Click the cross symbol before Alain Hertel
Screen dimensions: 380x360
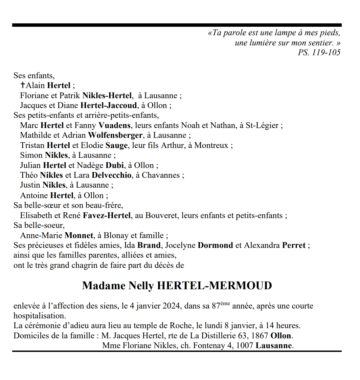coord(23,85)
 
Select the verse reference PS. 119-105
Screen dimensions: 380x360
coord(319,52)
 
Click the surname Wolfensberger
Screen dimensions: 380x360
coord(115,135)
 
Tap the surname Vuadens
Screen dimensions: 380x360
coord(114,125)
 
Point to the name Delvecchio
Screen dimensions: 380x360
coord(111,175)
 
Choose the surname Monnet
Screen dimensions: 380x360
coord(78,235)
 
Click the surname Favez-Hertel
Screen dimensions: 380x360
coord(109,215)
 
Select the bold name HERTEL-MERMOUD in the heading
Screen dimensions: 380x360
coord(215,286)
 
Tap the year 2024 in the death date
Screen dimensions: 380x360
coord(171,306)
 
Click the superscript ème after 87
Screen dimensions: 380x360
coord(225,303)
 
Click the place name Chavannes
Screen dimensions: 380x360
coord(161,175)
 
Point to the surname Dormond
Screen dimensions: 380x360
coord(215,245)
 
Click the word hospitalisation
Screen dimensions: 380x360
coord(40,316)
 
